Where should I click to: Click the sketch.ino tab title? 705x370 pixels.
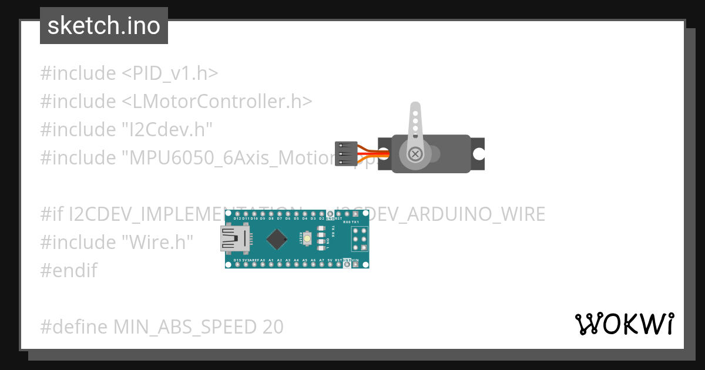click(x=104, y=26)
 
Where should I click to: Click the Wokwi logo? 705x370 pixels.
click(x=624, y=324)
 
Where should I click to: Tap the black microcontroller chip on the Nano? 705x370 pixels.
click(x=276, y=238)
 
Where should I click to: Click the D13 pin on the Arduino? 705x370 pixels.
click(x=237, y=264)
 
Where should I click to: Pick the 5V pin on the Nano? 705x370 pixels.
click(x=330, y=264)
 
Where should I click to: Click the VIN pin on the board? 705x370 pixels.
click(x=355, y=264)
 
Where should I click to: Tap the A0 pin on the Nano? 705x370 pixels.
click(x=263, y=264)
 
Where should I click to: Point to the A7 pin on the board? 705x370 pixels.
click(x=322, y=264)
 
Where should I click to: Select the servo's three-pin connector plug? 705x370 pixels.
click(x=345, y=154)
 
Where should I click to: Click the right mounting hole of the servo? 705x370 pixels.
click(x=479, y=154)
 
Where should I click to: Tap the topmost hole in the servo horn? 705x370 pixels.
click(x=415, y=109)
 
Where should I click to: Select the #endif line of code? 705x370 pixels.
click(x=69, y=270)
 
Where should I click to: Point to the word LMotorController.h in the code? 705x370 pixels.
click(x=217, y=102)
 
